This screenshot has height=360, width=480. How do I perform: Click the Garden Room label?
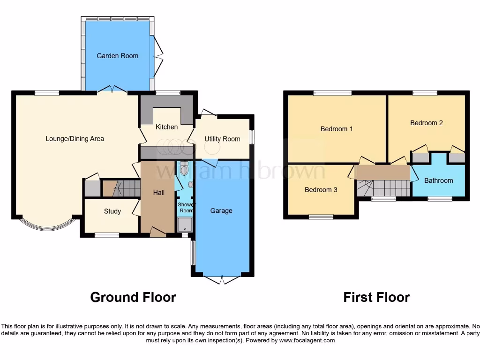coord(117,56)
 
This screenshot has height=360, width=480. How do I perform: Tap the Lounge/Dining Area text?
coord(75,139)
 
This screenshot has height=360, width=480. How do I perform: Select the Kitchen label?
coord(167,127)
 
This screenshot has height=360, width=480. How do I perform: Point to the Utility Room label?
coord(222,139)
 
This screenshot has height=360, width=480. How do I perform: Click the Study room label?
coord(112,211)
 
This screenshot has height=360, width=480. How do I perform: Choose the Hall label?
coord(158,193)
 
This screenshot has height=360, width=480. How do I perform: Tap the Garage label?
coord(221,211)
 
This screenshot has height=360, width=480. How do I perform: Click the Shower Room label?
coord(186,208)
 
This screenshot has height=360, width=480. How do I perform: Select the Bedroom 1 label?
coord(337,129)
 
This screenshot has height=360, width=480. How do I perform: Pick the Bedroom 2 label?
coord(427,123)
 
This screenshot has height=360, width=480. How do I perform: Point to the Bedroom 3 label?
coord(321,190)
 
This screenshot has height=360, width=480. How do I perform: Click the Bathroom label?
coord(438,180)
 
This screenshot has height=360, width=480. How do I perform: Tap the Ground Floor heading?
coord(133,297)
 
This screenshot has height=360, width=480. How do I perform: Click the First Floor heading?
coord(376,297)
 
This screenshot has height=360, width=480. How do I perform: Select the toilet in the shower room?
coord(184,168)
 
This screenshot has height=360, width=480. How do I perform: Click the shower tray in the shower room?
coord(185,225)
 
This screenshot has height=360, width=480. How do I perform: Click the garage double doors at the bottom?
coord(222,280)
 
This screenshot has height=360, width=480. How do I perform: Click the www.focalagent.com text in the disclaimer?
coord(307,340)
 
